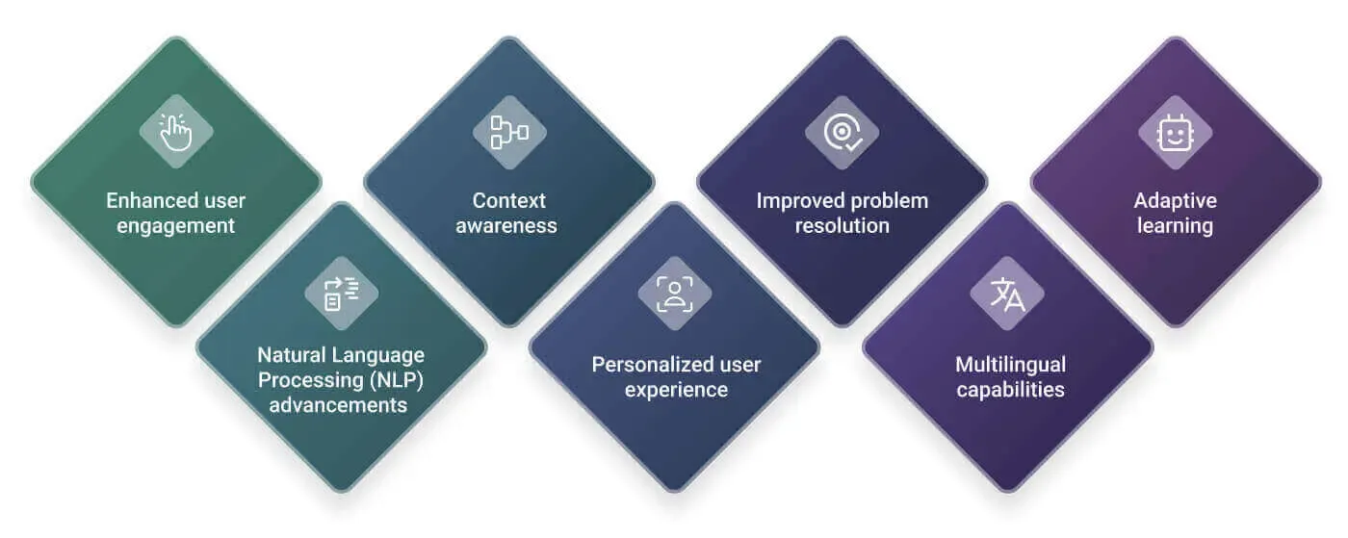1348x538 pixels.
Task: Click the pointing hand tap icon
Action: click(175, 131)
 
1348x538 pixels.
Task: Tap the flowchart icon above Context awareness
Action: click(509, 132)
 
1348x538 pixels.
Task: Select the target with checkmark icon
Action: click(842, 133)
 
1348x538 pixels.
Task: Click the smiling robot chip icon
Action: click(1175, 133)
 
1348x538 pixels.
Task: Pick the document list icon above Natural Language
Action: click(341, 294)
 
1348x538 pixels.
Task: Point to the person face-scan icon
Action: click(675, 294)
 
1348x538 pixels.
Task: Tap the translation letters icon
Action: click(1007, 294)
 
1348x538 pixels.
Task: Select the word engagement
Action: click(175, 226)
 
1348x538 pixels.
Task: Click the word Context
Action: click(509, 200)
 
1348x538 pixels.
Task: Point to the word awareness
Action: click(506, 225)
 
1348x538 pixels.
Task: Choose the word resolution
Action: click(842, 225)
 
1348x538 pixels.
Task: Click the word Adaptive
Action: click(1176, 201)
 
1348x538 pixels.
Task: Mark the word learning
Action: click(1175, 226)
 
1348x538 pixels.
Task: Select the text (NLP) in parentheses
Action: click(397, 380)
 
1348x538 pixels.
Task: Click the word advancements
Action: click(338, 405)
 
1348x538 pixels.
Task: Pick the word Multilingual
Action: click(1010, 365)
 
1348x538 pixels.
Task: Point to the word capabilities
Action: click(1010, 390)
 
